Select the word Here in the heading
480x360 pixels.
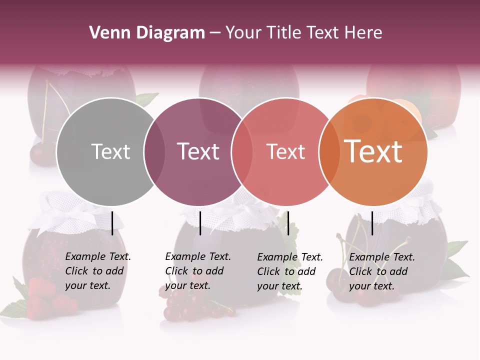coord(364,33)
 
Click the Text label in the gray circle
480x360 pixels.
coord(110,151)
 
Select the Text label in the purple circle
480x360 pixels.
coord(198,151)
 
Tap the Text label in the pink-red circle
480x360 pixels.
coord(285,151)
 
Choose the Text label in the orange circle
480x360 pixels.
coord(373,151)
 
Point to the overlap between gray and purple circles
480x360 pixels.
coord(154,151)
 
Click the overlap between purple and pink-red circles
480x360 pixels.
coord(242,151)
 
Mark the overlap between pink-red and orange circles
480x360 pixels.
coord(329,151)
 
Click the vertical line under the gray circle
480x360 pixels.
coord(112,223)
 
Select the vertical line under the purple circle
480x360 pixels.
coord(200,223)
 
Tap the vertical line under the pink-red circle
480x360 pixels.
coord(288,223)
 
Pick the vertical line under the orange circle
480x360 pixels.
coord(372,223)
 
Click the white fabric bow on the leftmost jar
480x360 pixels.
coord(75,216)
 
